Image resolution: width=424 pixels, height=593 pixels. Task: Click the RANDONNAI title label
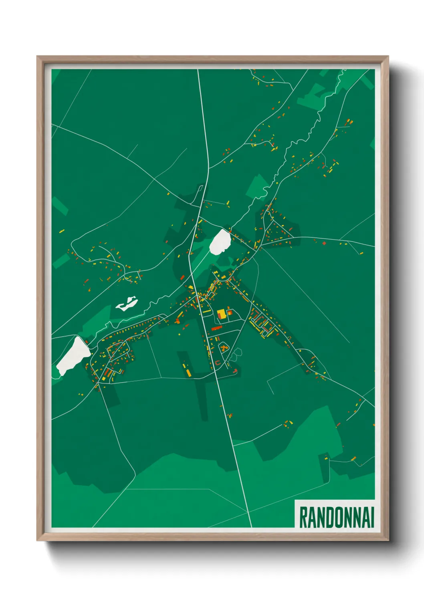click(x=336, y=517)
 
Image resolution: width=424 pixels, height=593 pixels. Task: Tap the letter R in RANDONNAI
click(x=303, y=517)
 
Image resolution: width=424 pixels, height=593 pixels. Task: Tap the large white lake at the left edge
click(x=73, y=355)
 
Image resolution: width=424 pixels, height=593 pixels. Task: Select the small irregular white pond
click(x=127, y=304)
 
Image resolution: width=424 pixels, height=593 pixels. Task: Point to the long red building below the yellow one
click(x=217, y=328)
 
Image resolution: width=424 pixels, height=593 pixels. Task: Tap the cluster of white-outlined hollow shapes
click(x=236, y=354)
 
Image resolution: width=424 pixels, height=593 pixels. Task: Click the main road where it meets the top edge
click(x=198, y=70)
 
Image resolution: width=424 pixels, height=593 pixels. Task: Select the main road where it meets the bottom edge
click(x=250, y=526)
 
